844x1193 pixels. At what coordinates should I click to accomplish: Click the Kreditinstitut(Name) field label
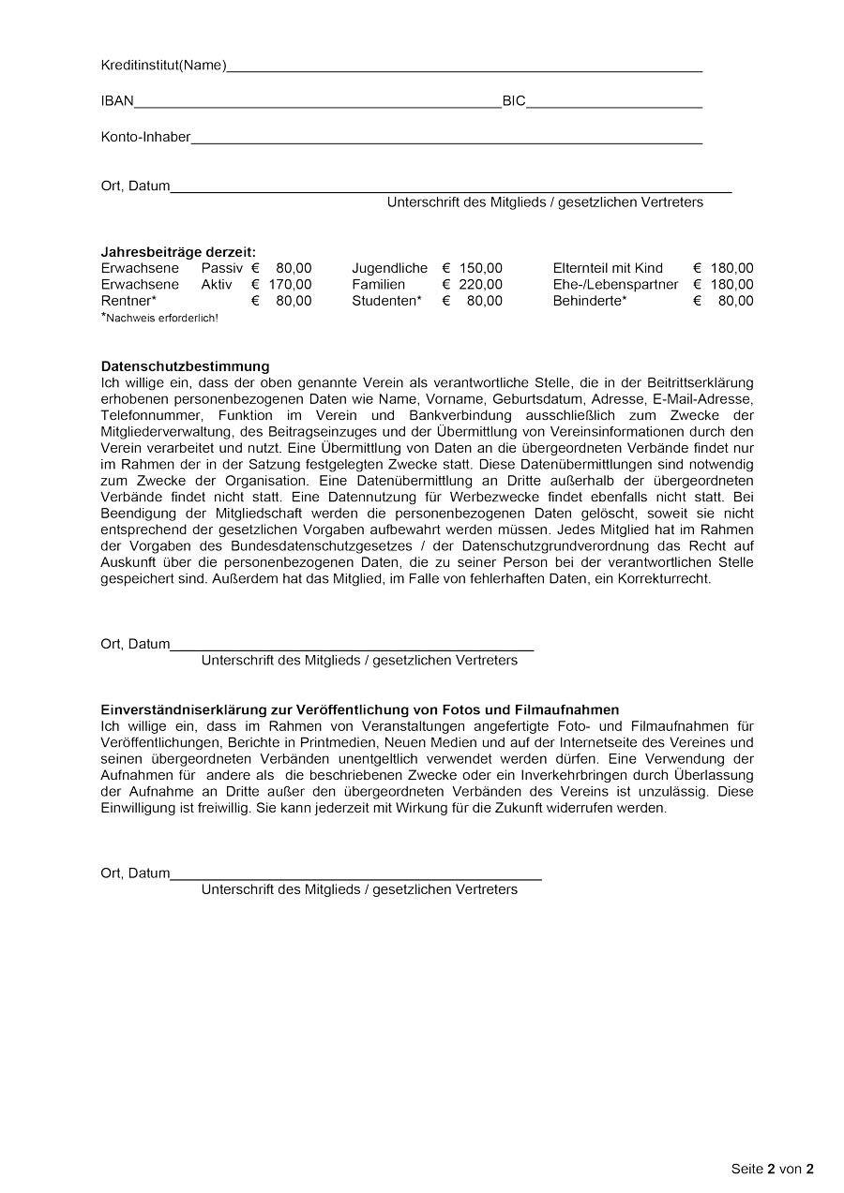pyautogui.click(x=163, y=65)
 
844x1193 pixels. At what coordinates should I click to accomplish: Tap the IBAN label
pyautogui.click(x=117, y=101)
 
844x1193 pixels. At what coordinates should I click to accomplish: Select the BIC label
pyautogui.click(x=514, y=101)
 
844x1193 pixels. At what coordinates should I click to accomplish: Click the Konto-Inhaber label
pyautogui.click(x=145, y=137)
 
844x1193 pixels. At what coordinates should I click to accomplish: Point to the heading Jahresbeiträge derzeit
pyautogui.click(x=178, y=252)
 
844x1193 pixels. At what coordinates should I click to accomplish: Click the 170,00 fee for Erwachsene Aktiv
pyautogui.click(x=290, y=285)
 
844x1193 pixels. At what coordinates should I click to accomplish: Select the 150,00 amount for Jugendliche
pyautogui.click(x=480, y=269)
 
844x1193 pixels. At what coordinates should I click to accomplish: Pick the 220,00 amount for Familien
pyautogui.click(x=480, y=285)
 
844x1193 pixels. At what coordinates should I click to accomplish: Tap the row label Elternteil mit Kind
pyautogui.click(x=608, y=269)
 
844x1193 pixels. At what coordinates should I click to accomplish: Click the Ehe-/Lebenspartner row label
pyautogui.click(x=615, y=285)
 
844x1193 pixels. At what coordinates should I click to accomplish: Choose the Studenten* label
pyautogui.click(x=386, y=301)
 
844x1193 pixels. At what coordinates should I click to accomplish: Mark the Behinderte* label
pyautogui.click(x=590, y=301)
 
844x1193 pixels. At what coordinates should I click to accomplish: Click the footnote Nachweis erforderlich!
pyautogui.click(x=161, y=319)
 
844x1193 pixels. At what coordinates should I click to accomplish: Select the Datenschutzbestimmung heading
pyautogui.click(x=185, y=366)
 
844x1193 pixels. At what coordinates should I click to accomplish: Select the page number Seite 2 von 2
pyautogui.click(x=772, y=1169)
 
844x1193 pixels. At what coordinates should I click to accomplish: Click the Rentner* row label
pyautogui.click(x=128, y=301)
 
